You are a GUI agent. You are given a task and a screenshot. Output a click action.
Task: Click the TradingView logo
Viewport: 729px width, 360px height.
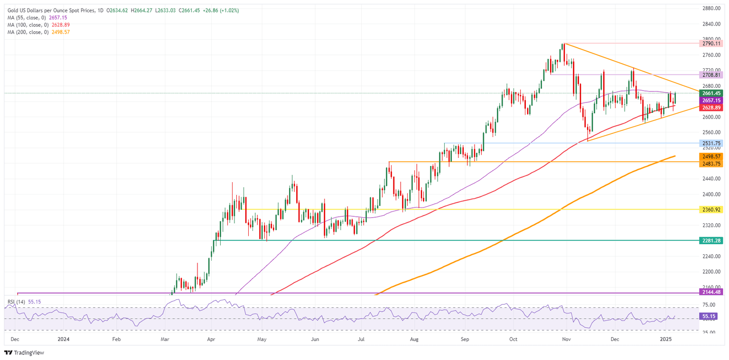pyautogui.click(x=25, y=352)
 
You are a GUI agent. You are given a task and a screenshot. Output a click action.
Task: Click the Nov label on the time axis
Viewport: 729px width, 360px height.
pyautogui.click(x=565, y=339)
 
